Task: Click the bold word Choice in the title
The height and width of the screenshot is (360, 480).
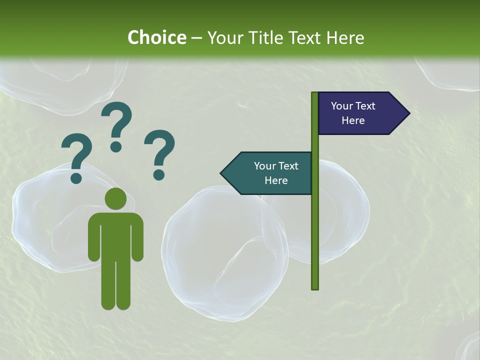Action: (156, 37)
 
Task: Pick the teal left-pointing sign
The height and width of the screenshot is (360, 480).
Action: (270, 173)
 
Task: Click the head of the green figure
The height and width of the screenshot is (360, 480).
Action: (116, 198)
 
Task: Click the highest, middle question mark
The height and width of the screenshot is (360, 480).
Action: (117, 122)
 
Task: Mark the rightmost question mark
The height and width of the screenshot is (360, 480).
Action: (160, 150)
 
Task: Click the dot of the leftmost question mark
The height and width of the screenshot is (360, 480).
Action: (76, 178)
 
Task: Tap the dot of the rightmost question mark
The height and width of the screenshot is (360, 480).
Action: (159, 174)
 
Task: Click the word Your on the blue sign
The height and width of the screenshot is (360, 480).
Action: (342, 106)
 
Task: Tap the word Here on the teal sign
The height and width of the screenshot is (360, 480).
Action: (276, 180)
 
